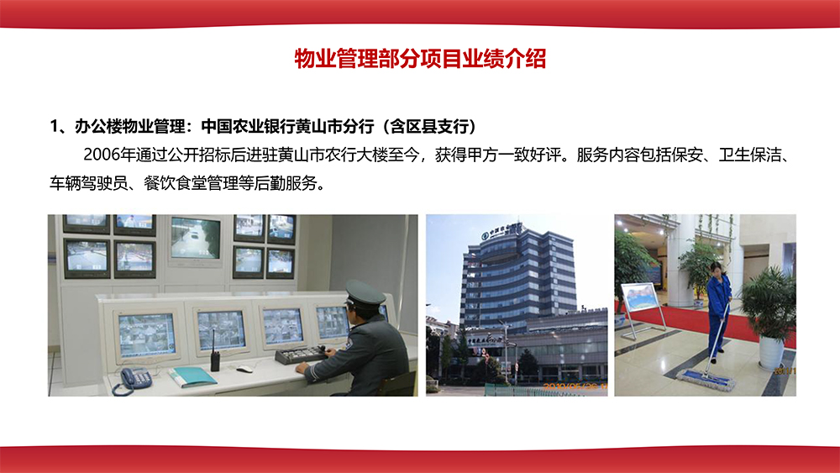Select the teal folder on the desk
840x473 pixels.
[x=192, y=376]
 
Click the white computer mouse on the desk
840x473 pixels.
[x=244, y=368]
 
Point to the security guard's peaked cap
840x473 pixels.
[x=364, y=293]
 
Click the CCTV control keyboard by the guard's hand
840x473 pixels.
[x=299, y=355]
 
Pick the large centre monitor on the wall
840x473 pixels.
[x=195, y=238]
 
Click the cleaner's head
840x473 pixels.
[x=717, y=270]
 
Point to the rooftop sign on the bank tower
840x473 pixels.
[x=501, y=229]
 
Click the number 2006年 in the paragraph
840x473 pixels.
[x=108, y=155]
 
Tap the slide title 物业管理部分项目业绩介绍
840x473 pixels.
[x=420, y=59]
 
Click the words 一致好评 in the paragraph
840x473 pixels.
[x=528, y=155]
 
